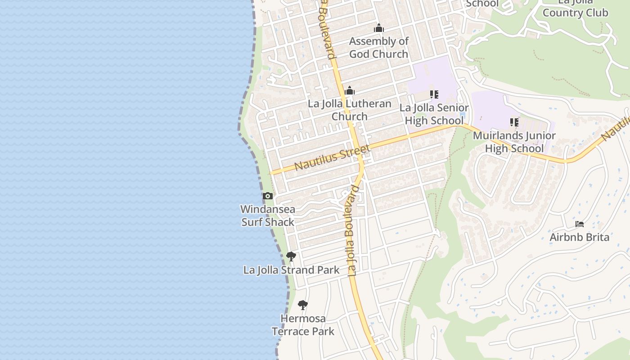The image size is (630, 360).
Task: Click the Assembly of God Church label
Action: point(379,48)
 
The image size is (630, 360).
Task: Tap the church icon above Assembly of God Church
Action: point(379,28)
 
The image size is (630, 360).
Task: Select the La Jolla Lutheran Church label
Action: point(350,110)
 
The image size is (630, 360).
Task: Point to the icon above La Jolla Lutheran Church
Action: point(350,91)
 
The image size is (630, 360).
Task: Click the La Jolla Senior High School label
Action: point(434,114)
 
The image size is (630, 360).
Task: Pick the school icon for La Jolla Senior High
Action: point(434,94)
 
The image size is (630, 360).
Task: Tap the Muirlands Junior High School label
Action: point(514,142)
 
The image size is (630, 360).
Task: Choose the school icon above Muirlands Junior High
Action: point(514,122)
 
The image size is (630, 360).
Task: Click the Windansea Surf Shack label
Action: point(268,216)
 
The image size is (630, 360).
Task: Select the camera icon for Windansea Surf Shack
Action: point(268,196)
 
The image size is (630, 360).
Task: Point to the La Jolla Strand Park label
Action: point(291,270)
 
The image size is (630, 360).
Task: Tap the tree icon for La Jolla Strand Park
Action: point(291,256)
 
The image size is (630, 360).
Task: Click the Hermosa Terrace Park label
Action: point(303,325)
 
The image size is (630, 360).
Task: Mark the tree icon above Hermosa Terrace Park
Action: point(303,305)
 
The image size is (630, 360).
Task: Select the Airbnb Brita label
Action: point(580,237)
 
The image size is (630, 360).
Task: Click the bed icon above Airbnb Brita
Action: point(580,224)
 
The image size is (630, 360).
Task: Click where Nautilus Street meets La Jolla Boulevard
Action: point(360,153)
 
